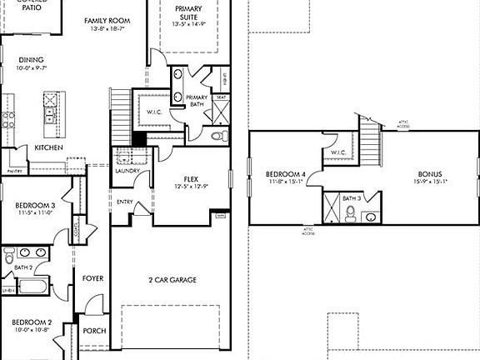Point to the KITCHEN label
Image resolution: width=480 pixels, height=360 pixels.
point(49,147)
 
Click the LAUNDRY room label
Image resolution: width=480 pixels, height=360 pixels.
point(127,171)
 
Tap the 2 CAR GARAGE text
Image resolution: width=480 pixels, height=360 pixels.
point(172,280)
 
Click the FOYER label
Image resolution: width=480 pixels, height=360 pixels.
point(92,277)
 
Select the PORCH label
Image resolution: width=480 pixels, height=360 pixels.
point(94,331)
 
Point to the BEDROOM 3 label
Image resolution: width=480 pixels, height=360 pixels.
point(35,205)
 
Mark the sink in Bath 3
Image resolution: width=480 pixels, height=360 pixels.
point(370,217)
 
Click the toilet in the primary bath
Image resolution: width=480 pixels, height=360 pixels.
point(217,135)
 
